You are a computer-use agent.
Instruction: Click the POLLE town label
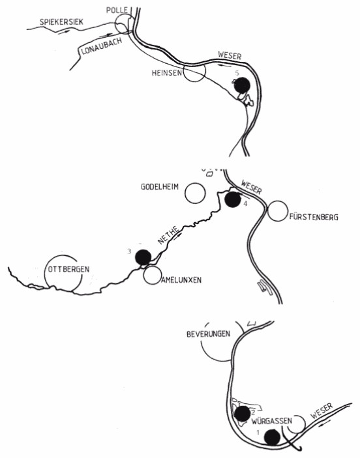click(x=117, y=10)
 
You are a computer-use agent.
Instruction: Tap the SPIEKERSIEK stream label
click(x=61, y=22)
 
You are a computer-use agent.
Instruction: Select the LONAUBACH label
click(x=101, y=46)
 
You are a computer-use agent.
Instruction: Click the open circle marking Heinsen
click(x=194, y=71)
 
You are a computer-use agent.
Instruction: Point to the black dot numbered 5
click(x=242, y=85)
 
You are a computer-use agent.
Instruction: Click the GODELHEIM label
click(x=160, y=187)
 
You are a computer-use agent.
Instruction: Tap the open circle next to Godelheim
click(x=196, y=193)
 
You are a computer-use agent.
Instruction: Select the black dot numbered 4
click(x=233, y=199)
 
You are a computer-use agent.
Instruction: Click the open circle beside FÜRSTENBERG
click(x=278, y=210)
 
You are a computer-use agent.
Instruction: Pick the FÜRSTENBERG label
click(x=314, y=218)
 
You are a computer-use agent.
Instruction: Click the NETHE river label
click(x=168, y=235)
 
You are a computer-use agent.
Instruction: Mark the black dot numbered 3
click(x=143, y=257)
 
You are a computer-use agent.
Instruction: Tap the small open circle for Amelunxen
click(x=152, y=275)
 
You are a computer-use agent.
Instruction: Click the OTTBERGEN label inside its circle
click(x=68, y=269)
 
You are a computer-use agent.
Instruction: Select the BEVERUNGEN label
click(x=208, y=334)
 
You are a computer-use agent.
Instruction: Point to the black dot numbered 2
click(x=243, y=414)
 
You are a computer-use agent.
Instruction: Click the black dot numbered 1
click(x=272, y=437)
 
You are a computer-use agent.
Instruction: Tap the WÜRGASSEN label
click(x=272, y=421)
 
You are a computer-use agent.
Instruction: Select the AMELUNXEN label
click(x=181, y=280)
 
